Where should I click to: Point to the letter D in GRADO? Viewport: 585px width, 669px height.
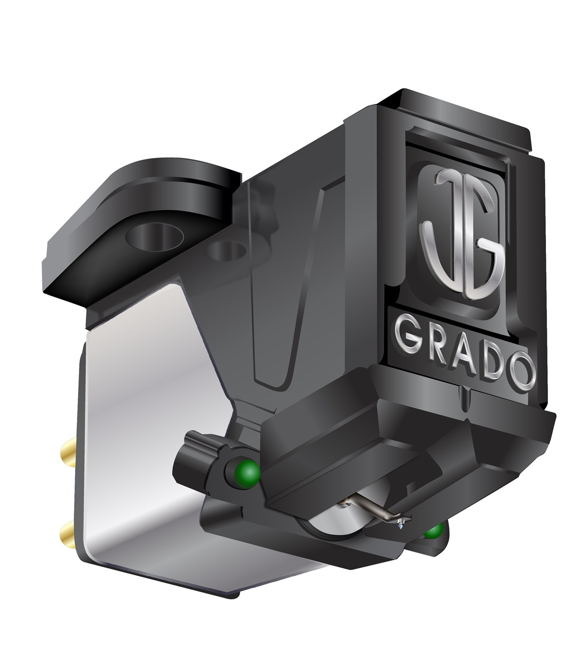[493, 361]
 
